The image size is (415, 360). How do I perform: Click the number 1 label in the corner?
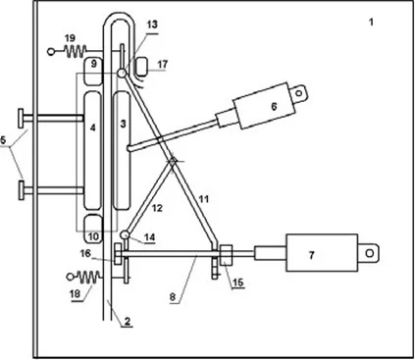pyautogui.click(x=371, y=23)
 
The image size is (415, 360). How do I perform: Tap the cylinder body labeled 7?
pyautogui.click(x=322, y=253)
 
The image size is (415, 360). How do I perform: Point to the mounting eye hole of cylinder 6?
pyautogui.click(x=298, y=93)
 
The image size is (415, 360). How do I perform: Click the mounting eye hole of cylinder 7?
pyautogui.click(x=370, y=253)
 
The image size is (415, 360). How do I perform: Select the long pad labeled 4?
pyautogui.click(x=92, y=151)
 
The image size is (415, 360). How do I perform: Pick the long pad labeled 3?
pyautogui.click(x=122, y=151)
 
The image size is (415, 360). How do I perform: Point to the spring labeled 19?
pyautogui.click(x=76, y=51)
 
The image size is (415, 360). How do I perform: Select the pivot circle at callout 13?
pyautogui.click(x=121, y=74)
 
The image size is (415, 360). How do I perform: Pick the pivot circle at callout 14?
pyautogui.click(x=125, y=234)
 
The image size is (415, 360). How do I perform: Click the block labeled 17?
pyautogui.click(x=142, y=67)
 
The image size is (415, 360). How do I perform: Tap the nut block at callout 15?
pyautogui.click(x=226, y=255)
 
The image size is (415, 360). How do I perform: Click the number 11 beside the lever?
pyautogui.click(x=204, y=199)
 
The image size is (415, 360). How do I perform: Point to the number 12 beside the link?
pyautogui.click(x=157, y=208)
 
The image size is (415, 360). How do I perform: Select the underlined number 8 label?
pyautogui.click(x=173, y=297)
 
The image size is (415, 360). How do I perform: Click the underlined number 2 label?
pyautogui.click(x=128, y=321)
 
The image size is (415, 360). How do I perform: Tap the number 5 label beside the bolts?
pyautogui.click(x=3, y=140)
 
